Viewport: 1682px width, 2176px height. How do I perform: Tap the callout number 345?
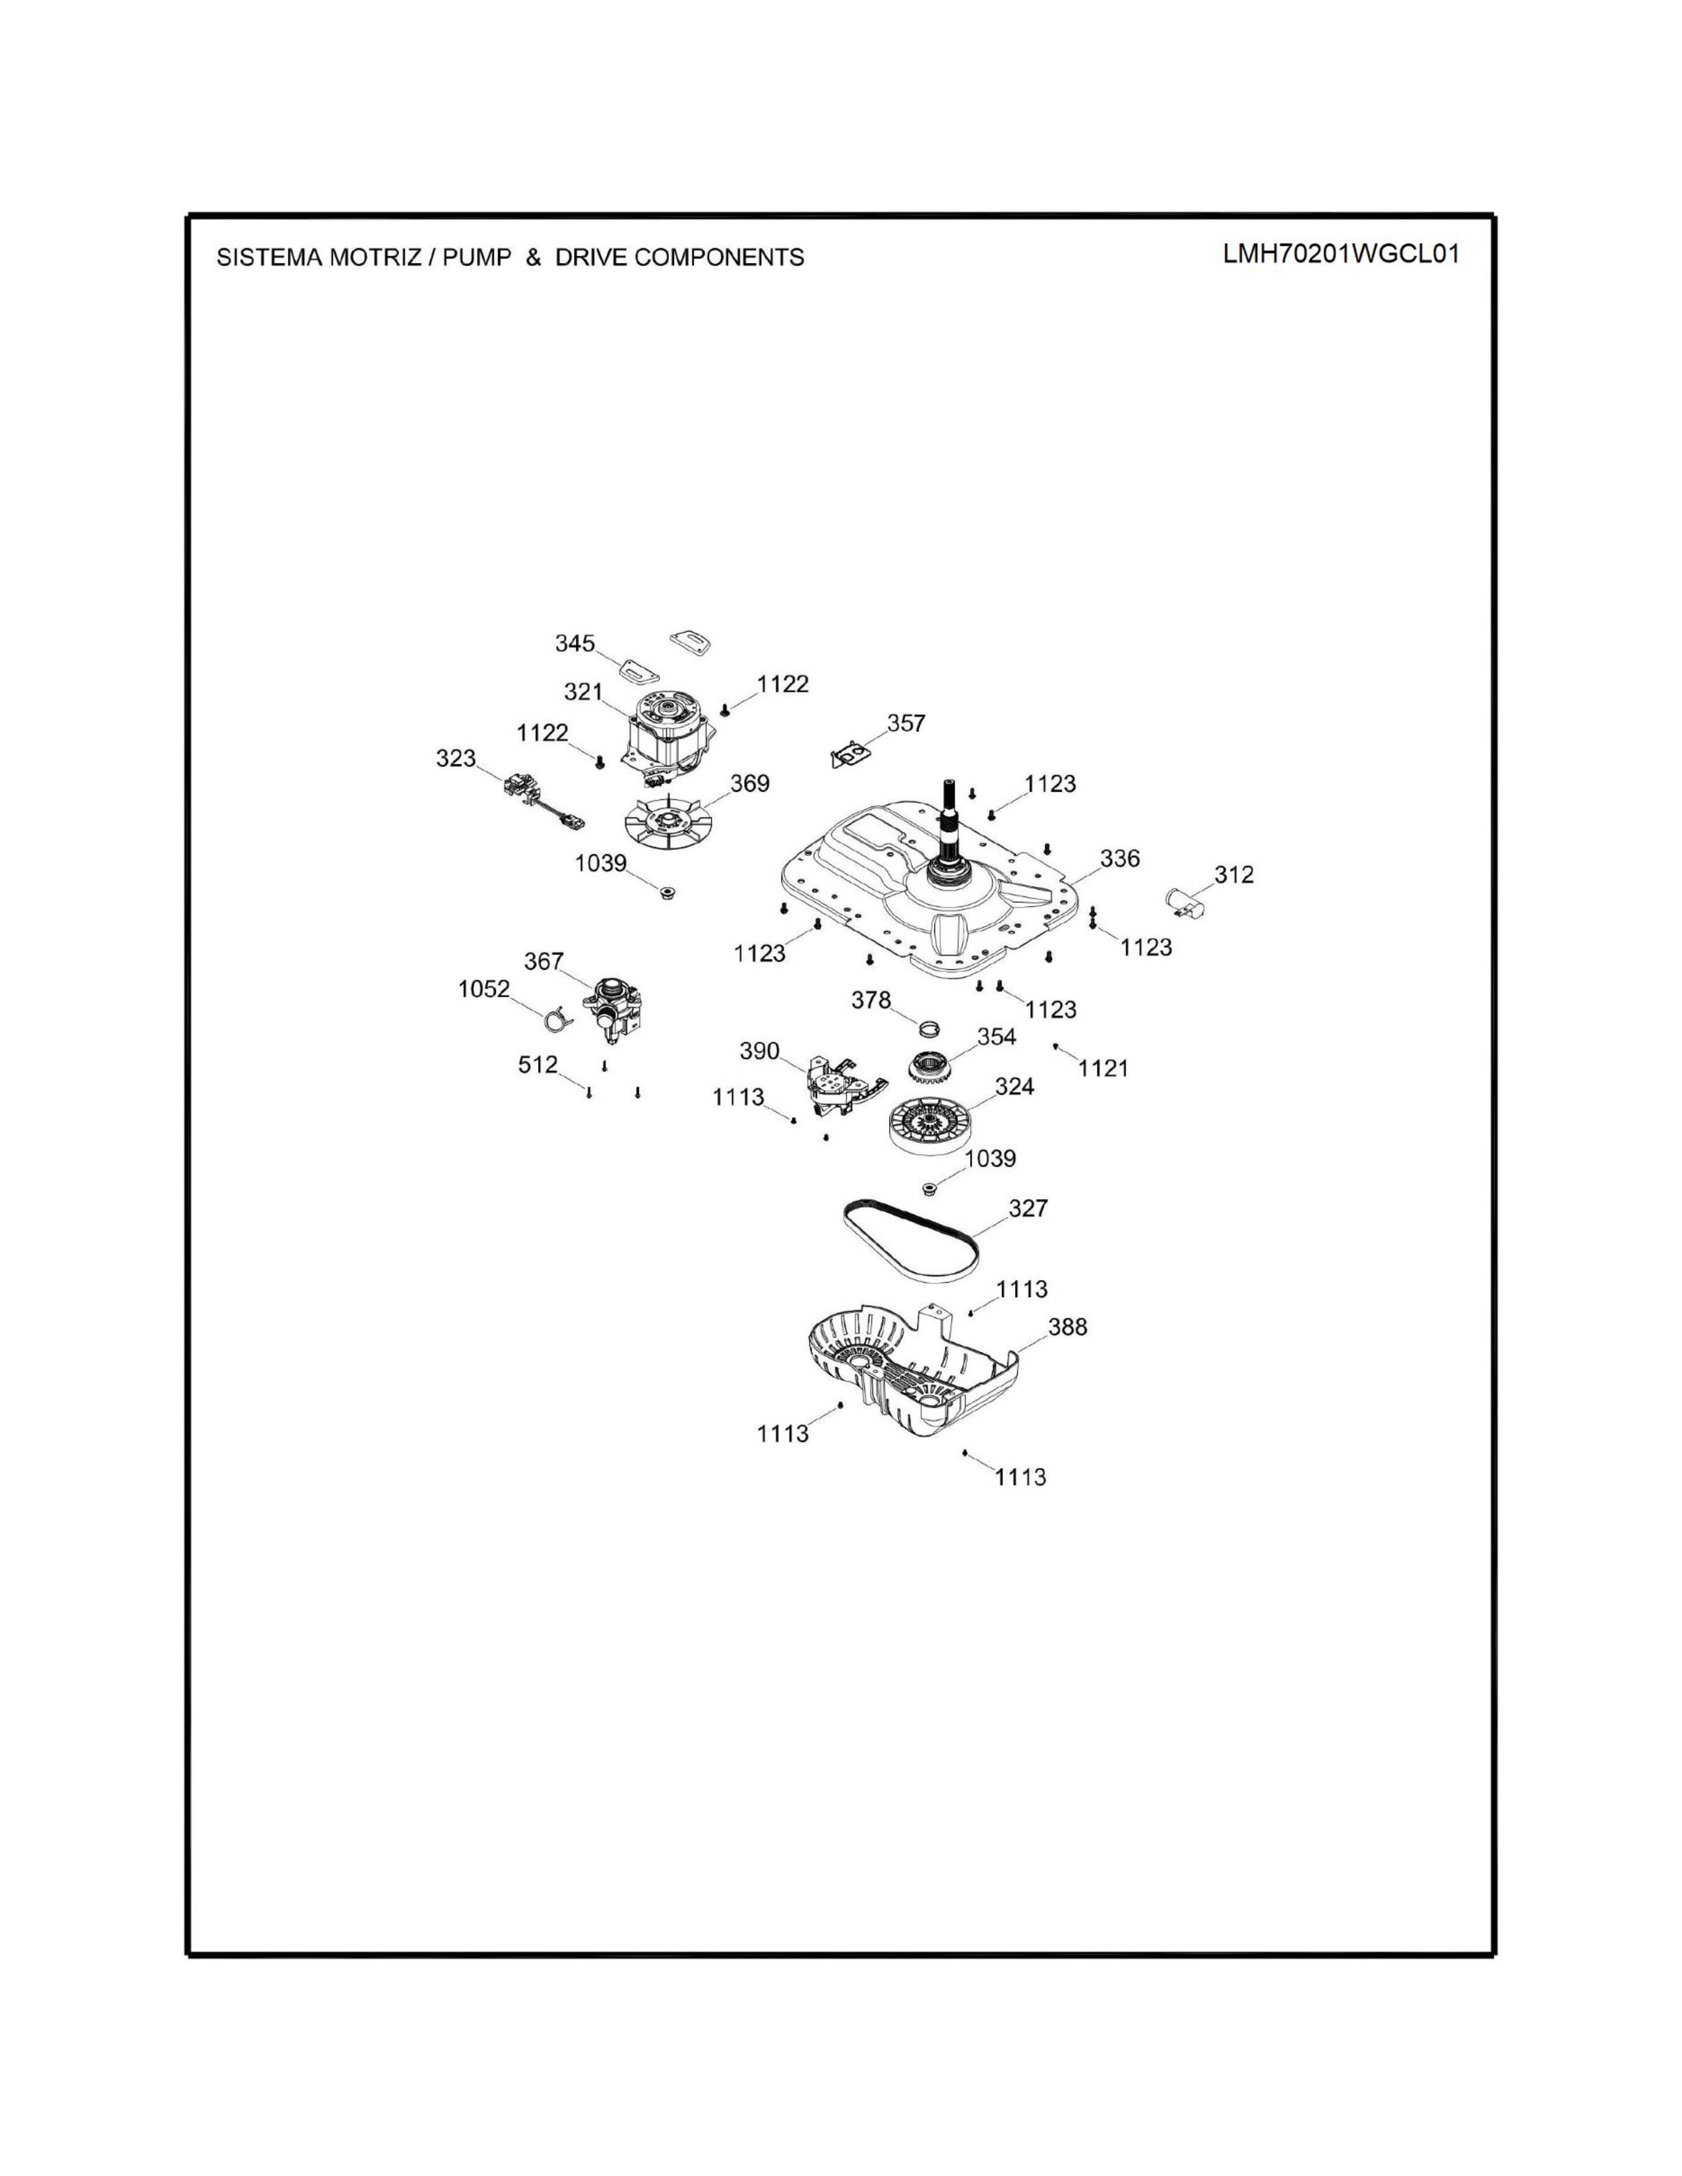[x=575, y=644]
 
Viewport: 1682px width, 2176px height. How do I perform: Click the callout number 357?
[x=906, y=723]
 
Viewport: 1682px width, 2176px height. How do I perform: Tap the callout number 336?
[x=1120, y=858]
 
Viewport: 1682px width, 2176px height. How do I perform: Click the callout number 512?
[x=538, y=1064]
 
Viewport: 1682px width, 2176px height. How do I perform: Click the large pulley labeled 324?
[x=929, y=1126]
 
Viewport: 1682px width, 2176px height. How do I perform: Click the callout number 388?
[x=1067, y=1327]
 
